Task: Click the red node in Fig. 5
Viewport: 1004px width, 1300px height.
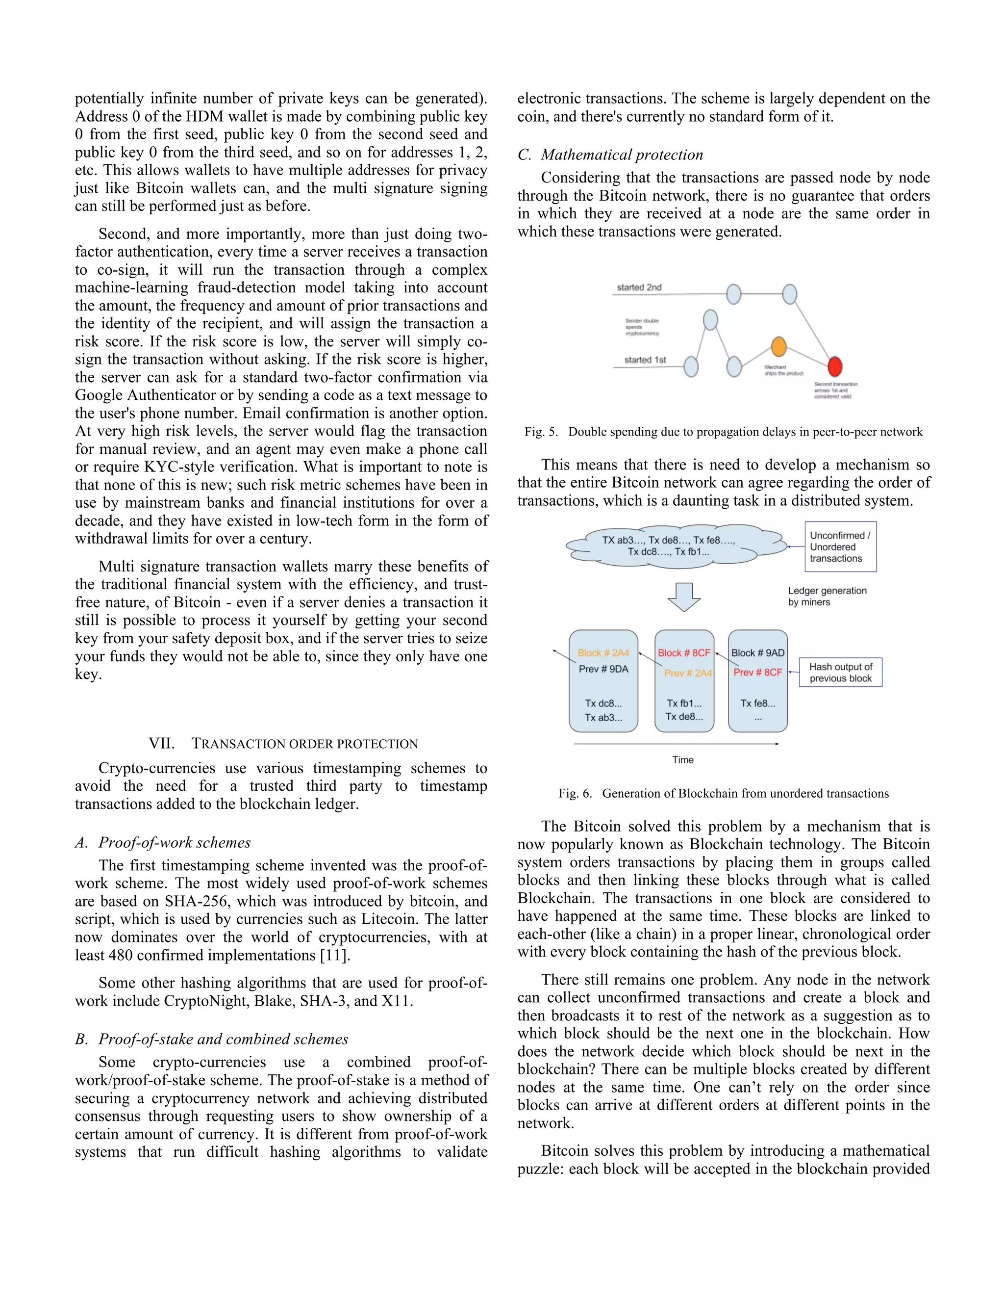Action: click(835, 366)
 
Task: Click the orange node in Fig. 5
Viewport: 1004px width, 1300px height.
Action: click(778, 346)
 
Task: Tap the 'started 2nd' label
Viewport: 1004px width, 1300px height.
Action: click(639, 287)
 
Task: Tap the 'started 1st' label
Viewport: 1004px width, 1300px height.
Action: click(645, 360)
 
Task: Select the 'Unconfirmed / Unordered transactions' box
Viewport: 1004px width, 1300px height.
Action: click(840, 547)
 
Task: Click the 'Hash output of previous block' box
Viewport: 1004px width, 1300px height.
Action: click(840, 673)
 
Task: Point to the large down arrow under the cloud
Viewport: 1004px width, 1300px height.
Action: click(684, 597)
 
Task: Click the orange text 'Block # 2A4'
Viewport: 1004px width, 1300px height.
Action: click(603, 653)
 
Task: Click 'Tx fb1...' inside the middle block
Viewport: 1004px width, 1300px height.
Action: click(684, 703)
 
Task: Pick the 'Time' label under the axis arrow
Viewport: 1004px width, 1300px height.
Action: click(683, 759)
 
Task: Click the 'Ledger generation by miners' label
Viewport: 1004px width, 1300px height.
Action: click(827, 597)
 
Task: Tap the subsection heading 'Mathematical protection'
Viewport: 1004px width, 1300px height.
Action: click(622, 155)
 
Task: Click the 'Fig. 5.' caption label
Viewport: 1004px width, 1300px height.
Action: click(541, 432)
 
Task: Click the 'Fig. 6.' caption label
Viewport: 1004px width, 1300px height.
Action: click(575, 793)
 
